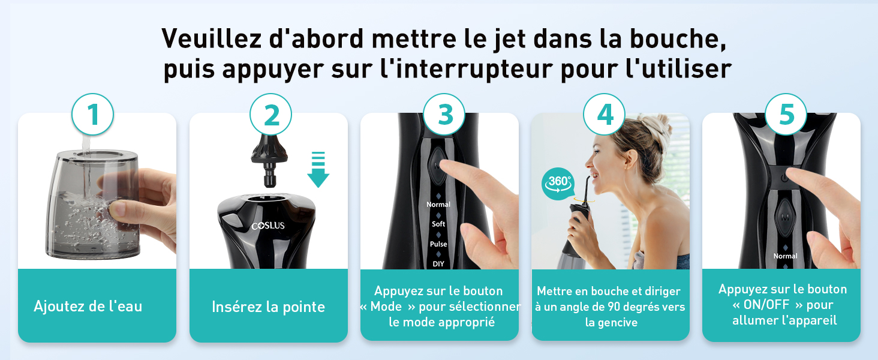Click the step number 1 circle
(x=92, y=115)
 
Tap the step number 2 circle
(x=271, y=115)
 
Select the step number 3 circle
(x=444, y=115)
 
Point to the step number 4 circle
(x=605, y=115)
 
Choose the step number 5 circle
(x=786, y=115)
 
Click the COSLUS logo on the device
(x=268, y=226)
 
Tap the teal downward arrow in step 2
(x=318, y=169)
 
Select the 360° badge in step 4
(x=558, y=184)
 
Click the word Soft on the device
(x=438, y=224)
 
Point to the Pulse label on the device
(x=438, y=244)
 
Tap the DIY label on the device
(x=438, y=264)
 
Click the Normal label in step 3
(x=438, y=205)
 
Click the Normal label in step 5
(x=785, y=256)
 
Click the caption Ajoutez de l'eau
(x=88, y=306)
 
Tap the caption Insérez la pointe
(x=269, y=307)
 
